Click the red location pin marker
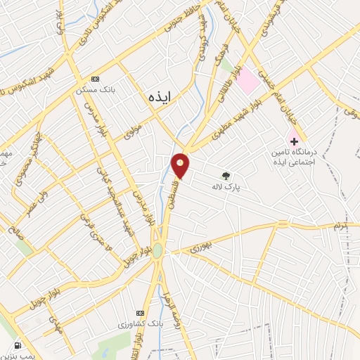[181, 165]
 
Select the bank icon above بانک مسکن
[96, 79]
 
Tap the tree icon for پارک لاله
[226, 176]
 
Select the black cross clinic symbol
[294, 141]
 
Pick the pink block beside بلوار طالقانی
[247, 82]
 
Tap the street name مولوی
[134, 131]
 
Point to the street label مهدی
[56, 324]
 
